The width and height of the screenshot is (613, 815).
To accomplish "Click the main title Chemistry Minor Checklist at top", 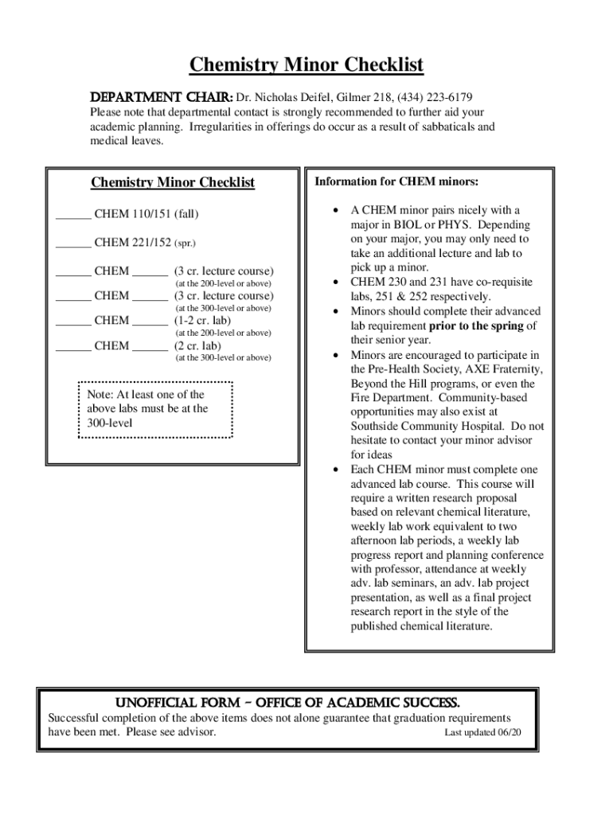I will click(306, 65).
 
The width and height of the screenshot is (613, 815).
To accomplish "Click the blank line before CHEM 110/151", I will click(72, 215).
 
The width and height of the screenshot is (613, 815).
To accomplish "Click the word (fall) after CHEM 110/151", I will click(187, 214).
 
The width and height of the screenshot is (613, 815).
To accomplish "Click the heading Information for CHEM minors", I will click(396, 182).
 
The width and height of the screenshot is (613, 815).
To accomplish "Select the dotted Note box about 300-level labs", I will click(155, 409).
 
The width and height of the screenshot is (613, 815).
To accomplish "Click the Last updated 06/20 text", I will click(482, 732).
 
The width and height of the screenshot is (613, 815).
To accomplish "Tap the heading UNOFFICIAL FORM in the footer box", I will click(287, 702).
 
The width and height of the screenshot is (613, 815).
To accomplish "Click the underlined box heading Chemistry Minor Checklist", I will click(173, 182).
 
